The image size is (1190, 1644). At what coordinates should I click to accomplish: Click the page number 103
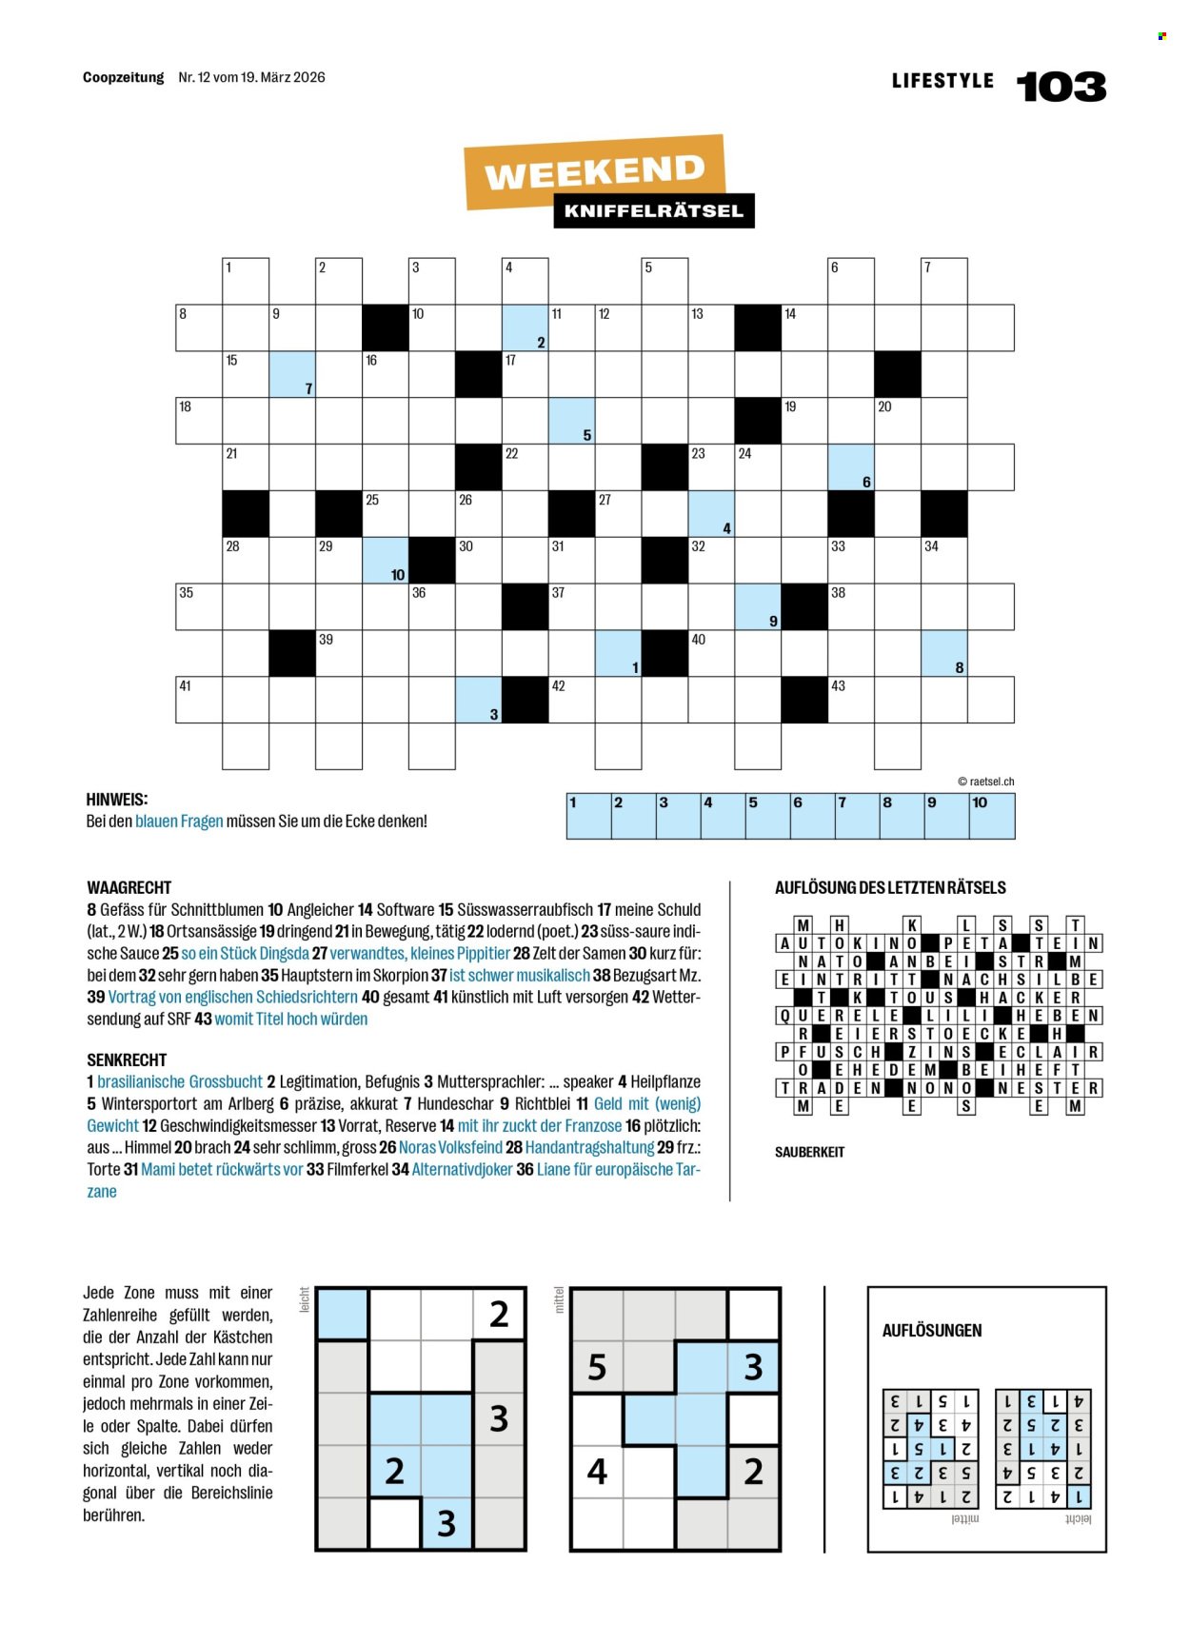pyautogui.click(x=1061, y=88)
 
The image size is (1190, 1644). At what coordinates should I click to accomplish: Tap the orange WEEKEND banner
pyautogui.click(x=594, y=172)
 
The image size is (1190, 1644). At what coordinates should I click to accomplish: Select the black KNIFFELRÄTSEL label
pyautogui.click(x=654, y=211)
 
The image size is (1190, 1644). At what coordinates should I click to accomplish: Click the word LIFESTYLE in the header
pyautogui.click(x=942, y=82)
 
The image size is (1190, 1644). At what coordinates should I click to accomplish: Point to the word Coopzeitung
pyautogui.click(x=124, y=78)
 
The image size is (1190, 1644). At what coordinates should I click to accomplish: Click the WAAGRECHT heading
pyautogui.click(x=129, y=887)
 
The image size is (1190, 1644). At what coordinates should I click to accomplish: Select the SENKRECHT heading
pyautogui.click(x=127, y=1060)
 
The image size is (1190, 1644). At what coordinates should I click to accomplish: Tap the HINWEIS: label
pyautogui.click(x=117, y=800)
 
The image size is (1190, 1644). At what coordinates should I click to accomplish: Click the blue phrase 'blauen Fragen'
pyautogui.click(x=179, y=822)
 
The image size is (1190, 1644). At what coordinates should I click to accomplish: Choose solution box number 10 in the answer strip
pyautogui.click(x=992, y=817)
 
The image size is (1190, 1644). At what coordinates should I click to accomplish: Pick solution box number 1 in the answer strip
pyautogui.click(x=588, y=817)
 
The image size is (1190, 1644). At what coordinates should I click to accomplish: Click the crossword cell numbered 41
pyautogui.click(x=199, y=700)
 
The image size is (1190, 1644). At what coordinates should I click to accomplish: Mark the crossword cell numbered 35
pyautogui.click(x=199, y=606)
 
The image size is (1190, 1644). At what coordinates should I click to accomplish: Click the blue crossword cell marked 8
pyautogui.click(x=944, y=653)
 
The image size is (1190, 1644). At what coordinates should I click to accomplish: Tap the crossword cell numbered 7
pyautogui.click(x=944, y=281)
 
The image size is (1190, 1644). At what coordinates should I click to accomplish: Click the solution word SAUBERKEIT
pyautogui.click(x=809, y=1152)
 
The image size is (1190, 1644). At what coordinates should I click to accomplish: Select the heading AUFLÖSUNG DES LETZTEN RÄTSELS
pyautogui.click(x=890, y=888)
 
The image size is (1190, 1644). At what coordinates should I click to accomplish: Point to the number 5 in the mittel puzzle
pyautogui.click(x=597, y=1367)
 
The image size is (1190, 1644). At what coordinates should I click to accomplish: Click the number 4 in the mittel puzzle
pyautogui.click(x=597, y=1472)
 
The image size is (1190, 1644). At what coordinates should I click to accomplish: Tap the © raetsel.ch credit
pyautogui.click(x=985, y=782)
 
